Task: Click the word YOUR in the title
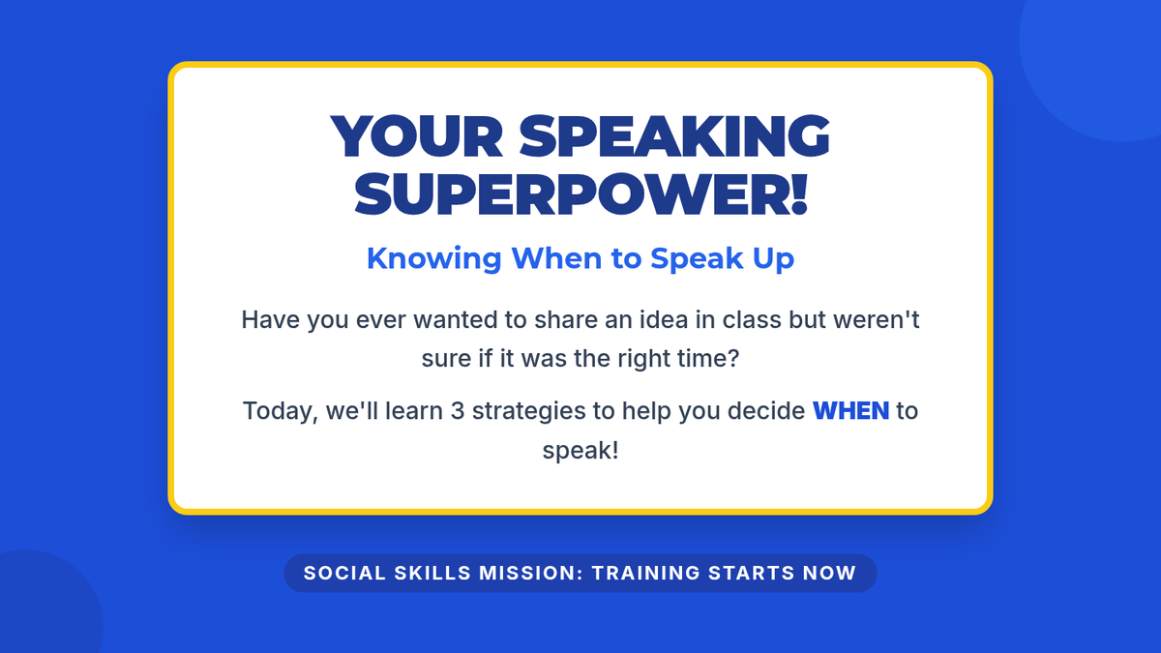pos(417,135)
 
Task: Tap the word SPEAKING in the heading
pos(674,135)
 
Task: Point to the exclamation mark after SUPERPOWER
pos(799,194)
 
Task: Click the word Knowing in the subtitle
pos(433,258)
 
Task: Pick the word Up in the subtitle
pos(773,259)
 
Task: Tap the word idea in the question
pos(664,319)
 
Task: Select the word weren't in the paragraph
pos(877,319)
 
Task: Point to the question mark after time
pos(733,358)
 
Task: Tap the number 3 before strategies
pos(457,411)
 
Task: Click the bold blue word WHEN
pos(851,411)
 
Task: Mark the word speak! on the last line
pos(580,451)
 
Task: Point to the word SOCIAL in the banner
pos(344,573)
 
